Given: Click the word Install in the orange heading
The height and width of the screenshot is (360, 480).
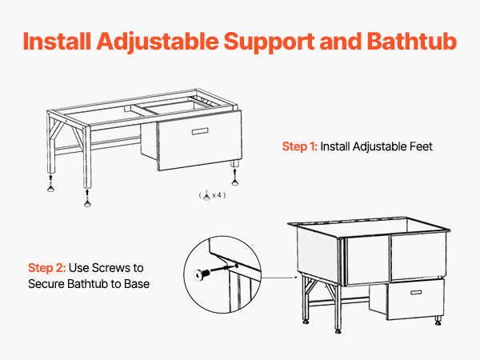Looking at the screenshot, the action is tap(58, 41).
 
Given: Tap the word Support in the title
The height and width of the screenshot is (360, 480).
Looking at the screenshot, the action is tap(269, 42).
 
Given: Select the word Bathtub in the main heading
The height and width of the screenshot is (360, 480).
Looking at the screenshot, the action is tap(412, 41).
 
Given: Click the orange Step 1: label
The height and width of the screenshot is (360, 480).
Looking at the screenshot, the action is tap(300, 146).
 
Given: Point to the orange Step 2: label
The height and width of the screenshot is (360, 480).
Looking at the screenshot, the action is tap(47, 268).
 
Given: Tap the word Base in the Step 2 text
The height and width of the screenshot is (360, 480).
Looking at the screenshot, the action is tap(137, 284).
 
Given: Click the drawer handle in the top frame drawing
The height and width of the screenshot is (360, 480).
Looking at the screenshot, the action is tap(200, 131).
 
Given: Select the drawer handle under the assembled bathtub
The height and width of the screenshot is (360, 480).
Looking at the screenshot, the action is tap(416, 292).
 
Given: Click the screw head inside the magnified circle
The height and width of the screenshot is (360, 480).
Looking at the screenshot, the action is tap(198, 274).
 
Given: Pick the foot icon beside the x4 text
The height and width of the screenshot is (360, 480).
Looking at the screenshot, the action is tap(206, 195).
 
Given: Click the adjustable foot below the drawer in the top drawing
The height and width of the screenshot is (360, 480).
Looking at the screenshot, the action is tap(234, 182).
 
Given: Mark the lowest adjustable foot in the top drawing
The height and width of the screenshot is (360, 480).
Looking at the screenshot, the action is tap(87, 203).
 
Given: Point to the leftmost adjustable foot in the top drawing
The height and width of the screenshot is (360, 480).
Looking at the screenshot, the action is tap(51, 189).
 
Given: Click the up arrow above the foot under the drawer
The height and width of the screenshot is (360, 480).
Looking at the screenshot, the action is tap(234, 174).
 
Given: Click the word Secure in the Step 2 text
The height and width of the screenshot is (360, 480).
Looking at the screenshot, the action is tap(46, 284).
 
